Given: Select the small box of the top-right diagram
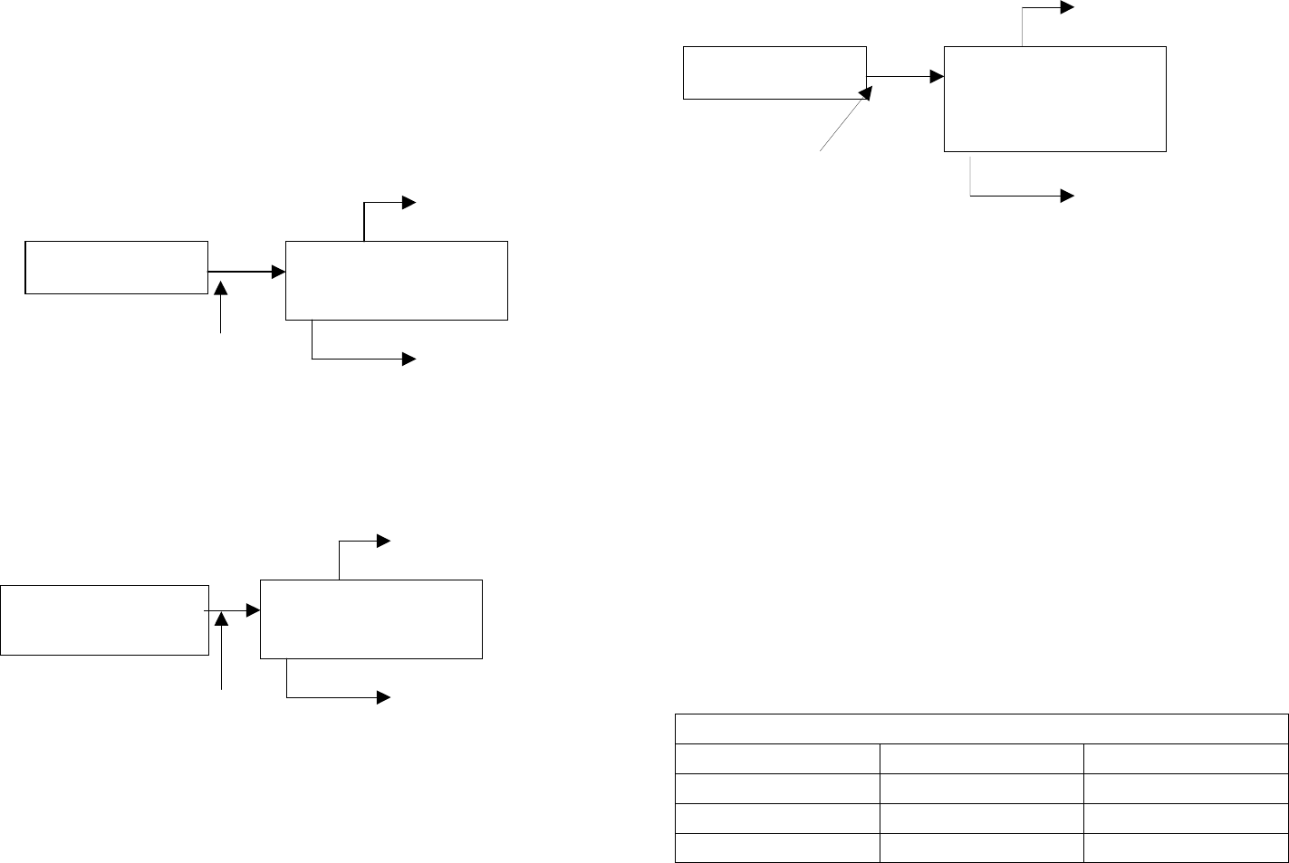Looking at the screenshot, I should (x=774, y=72).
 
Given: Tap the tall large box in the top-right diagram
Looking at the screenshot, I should (x=1054, y=99).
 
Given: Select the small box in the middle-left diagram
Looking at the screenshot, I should (x=116, y=267).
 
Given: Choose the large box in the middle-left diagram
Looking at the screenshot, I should (x=396, y=280).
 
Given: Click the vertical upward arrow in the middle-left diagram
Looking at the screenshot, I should (x=221, y=308).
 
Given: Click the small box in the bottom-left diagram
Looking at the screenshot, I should (x=104, y=619).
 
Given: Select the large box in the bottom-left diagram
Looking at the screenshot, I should (x=370, y=619).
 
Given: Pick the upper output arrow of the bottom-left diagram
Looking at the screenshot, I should (x=362, y=542).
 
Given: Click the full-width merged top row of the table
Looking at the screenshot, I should (x=981, y=729).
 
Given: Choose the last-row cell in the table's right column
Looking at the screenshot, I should (x=1186, y=848).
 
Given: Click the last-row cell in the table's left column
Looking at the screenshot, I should (x=777, y=848).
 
